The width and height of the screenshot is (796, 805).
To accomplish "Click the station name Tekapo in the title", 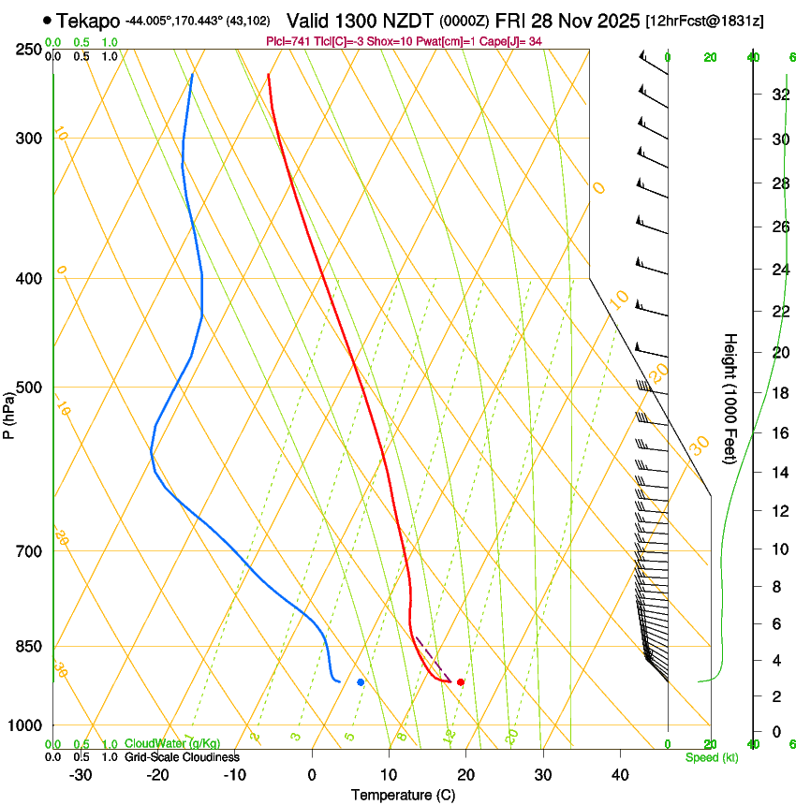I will pyautogui.click(x=88, y=21).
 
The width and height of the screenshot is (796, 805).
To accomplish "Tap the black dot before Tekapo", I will pyautogui.click(x=47, y=20).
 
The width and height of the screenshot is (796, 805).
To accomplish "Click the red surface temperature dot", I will pyautogui.click(x=460, y=681).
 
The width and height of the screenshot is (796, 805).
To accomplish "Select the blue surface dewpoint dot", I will pyautogui.click(x=361, y=681).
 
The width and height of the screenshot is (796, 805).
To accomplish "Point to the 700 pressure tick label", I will pyautogui.click(x=30, y=551).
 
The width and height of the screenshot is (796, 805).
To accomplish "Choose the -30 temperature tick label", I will pyautogui.click(x=81, y=775).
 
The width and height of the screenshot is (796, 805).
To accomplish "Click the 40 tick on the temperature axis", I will pyautogui.click(x=619, y=775).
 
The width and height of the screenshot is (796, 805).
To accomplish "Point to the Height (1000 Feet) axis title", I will pyautogui.click(x=730, y=398).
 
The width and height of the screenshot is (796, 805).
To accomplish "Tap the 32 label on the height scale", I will pyautogui.click(x=778, y=95).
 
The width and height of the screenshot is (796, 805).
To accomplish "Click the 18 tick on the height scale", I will pyautogui.click(x=778, y=393).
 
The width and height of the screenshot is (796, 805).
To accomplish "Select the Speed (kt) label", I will pyautogui.click(x=711, y=757).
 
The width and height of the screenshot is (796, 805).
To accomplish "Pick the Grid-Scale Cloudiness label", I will pyautogui.click(x=182, y=757).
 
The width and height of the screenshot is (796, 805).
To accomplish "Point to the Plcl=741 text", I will pyautogui.click(x=288, y=42).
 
